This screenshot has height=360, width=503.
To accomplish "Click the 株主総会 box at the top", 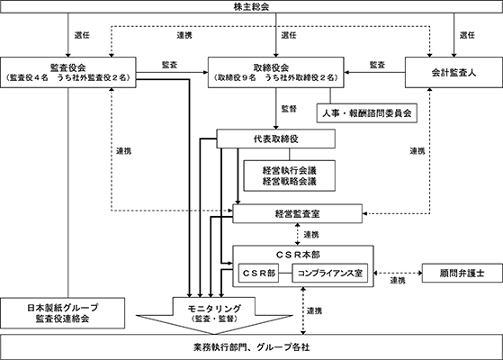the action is click(x=252, y=6).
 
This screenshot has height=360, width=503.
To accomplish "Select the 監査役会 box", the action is click(x=68, y=73).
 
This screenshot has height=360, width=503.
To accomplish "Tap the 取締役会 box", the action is click(x=276, y=73).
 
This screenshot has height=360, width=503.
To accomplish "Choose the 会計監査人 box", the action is click(x=454, y=73).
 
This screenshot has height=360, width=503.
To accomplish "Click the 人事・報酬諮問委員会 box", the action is click(x=366, y=112).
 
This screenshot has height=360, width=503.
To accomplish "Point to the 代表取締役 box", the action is click(x=276, y=139).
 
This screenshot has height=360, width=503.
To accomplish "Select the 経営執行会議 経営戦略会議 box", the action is click(x=290, y=175).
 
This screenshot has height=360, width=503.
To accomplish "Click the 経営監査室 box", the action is click(x=297, y=213).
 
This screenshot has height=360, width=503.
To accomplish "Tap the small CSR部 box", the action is click(x=258, y=273).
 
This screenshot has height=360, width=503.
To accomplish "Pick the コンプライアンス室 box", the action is click(x=329, y=273).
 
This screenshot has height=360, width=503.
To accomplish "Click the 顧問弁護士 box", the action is click(x=462, y=273).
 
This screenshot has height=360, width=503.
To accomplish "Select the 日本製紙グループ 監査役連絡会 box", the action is click(x=63, y=313).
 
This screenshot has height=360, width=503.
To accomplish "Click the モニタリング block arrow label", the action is click(x=214, y=313).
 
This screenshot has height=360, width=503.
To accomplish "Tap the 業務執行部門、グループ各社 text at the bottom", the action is click(x=252, y=347).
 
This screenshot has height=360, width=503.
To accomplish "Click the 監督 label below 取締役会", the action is click(x=289, y=109).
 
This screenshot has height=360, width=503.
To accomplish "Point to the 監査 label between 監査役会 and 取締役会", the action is click(x=169, y=65).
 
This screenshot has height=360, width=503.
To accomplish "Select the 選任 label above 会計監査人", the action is click(x=467, y=35).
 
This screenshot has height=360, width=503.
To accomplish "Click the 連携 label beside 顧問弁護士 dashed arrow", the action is click(x=398, y=281).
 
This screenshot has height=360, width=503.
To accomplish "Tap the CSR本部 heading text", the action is click(x=298, y=255).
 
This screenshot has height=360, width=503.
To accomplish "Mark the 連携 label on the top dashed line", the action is click(x=184, y=35).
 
